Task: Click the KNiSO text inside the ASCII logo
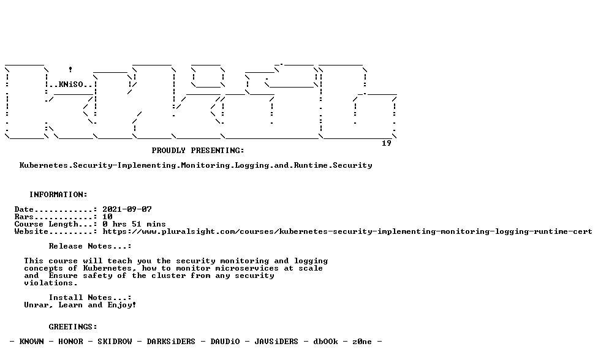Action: [70, 84]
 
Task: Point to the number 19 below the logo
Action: [387, 143]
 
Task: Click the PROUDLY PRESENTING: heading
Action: [198, 151]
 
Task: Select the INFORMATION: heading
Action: [58, 195]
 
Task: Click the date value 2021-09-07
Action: [127, 209]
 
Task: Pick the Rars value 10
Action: [107, 217]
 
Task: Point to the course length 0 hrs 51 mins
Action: [134, 224]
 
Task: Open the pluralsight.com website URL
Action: [347, 231]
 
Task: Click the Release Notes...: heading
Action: [90, 246]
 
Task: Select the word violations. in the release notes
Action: [51, 283]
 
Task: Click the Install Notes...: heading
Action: [90, 298]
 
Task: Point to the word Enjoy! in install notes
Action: [122, 305]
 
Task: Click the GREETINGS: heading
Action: [73, 327]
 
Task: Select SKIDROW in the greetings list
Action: [115, 342]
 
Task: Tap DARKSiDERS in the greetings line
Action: [171, 342]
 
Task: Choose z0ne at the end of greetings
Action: [362, 342]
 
